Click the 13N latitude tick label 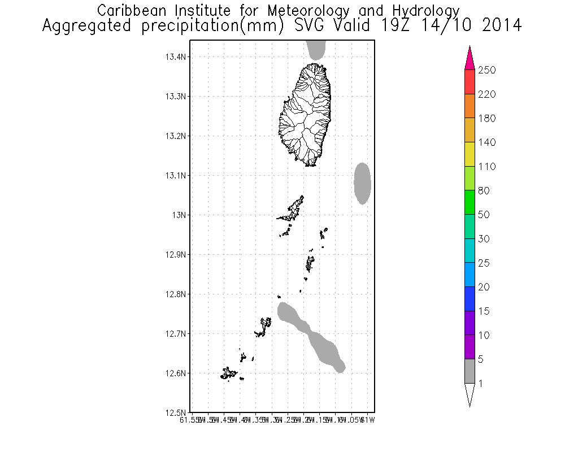click(179, 215)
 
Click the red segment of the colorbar click(470, 82)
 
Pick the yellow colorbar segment click(470, 154)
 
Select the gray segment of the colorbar click(470, 371)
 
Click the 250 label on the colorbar click(486, 70)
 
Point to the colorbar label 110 click(486, 167)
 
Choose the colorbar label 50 click(484, 215)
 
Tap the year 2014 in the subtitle click(501, 26)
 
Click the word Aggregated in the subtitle click(86, 26)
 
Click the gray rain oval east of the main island click(362, 183)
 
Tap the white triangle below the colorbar click(470, 394)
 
